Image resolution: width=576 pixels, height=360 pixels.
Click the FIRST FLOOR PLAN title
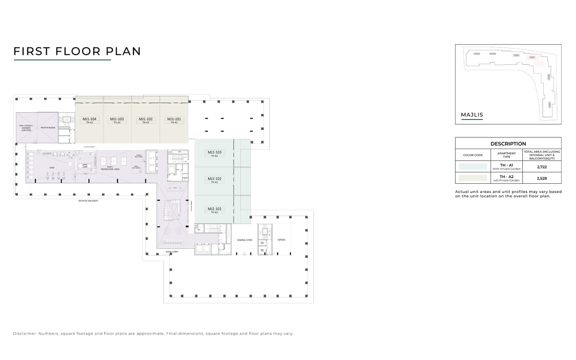click(77, 51)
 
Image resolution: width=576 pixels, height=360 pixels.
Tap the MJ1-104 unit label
click(89, 119)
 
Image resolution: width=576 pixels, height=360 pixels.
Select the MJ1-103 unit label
click(117, 119)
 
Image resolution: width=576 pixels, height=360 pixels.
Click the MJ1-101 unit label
click(174, 119)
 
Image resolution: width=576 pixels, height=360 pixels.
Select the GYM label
click(52, 168)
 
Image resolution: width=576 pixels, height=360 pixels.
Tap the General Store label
click(245, 240)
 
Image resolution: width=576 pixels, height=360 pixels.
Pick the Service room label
click(281, 240)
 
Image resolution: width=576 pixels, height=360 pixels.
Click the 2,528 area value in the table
click(542, 179)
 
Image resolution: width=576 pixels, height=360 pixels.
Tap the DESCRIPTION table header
click(508, 144)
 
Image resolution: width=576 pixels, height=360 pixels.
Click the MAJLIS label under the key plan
click(471, 115)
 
